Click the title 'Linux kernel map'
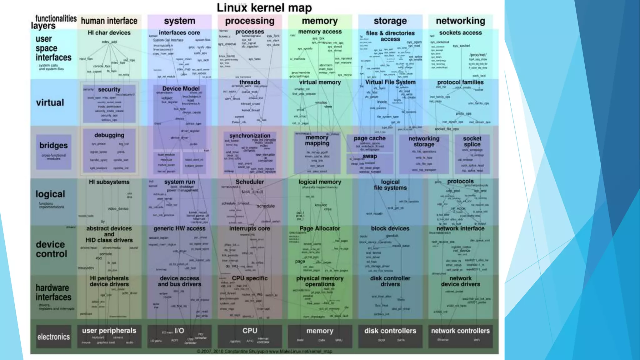[264, 8]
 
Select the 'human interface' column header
[109, 21]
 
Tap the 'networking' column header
[460, 21]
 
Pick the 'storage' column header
[390, 21]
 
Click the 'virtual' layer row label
[50, 102]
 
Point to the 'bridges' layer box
[53, 152]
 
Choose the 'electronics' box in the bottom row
[53, 337]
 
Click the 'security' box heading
[109, 89]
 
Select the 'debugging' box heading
[109, 135]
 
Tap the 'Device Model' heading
[181, 88]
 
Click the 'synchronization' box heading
[250, 136]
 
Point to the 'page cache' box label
[369, 138]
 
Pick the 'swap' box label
[370, 156]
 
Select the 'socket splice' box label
[472, 141]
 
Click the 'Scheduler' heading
[249, 182]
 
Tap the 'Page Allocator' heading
[320, 228]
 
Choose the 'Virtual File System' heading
[390, 82]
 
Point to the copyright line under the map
[264, 351]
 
